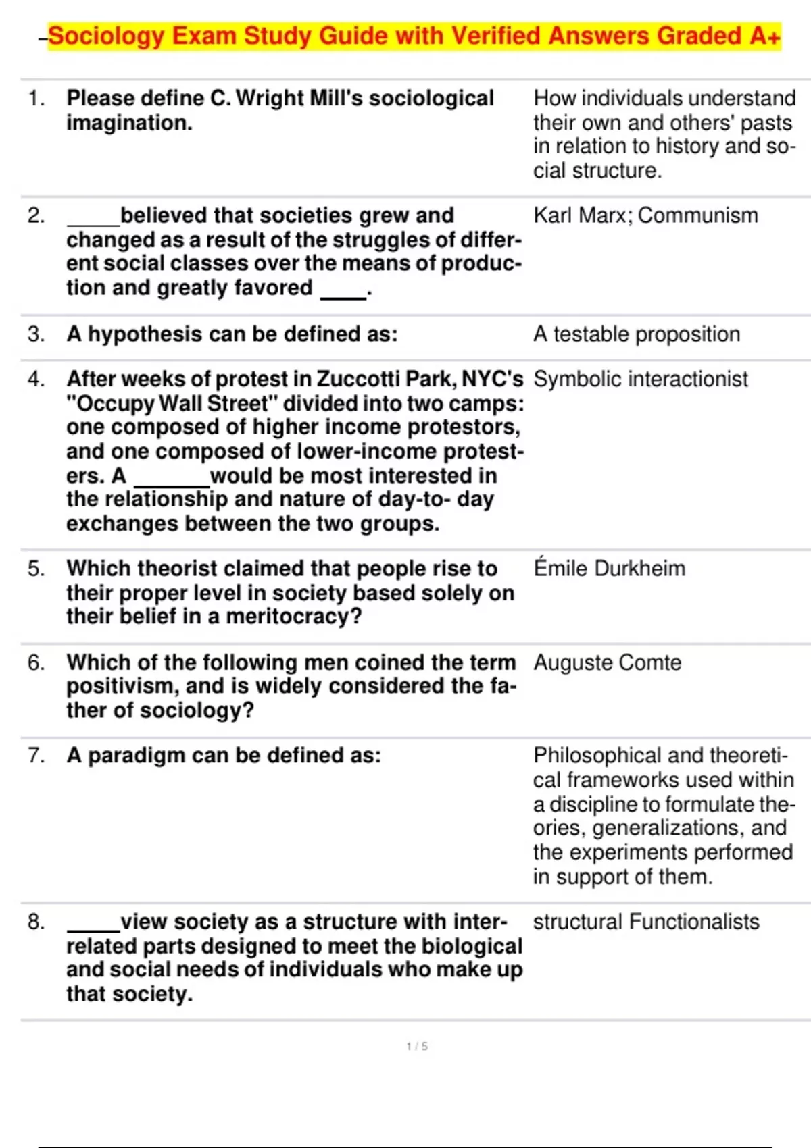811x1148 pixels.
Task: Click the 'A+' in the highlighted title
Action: pos(765,36)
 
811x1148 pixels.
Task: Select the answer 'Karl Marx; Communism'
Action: pos(645,215)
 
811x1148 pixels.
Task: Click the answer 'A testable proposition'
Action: pos(637,334)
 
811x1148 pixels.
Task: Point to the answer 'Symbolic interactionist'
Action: pos(641,380)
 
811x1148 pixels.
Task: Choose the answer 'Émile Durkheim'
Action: pos(609,569)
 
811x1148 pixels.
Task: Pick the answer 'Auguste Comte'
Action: pos(607,662)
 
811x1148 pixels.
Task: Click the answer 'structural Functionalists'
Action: pos(646,922)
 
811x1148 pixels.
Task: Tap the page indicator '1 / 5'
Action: pos(417,1046)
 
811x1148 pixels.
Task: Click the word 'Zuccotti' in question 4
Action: pos(358,380)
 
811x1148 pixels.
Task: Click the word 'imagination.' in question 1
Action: pos(129,123)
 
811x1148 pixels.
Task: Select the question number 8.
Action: pos(36,922)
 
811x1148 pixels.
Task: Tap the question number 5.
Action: pos(36,569)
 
